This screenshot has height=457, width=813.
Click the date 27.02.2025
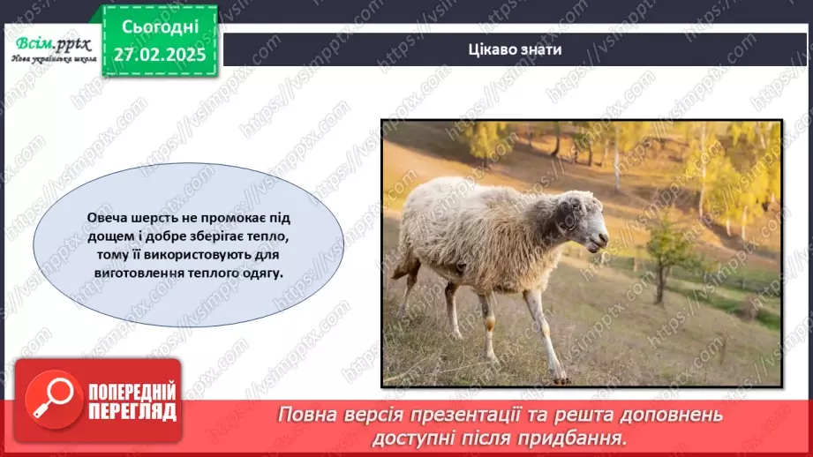point(159,53)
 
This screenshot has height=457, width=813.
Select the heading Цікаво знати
point(516,49)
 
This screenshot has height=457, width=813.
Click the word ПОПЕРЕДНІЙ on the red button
point(132,391)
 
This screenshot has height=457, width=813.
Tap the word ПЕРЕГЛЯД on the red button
point(132,411)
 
